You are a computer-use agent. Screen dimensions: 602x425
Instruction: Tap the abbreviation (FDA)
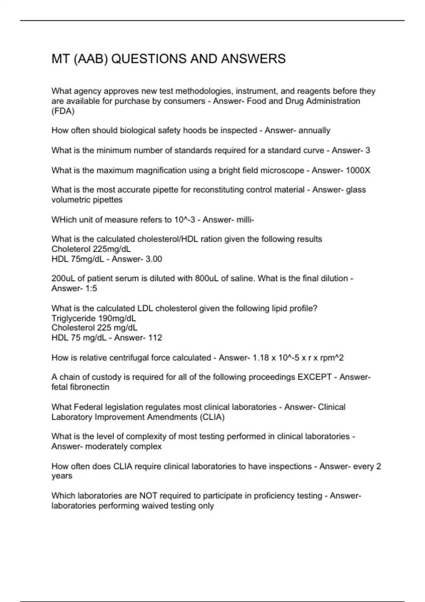coord(63,111)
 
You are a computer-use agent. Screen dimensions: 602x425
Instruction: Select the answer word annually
coord(314,131)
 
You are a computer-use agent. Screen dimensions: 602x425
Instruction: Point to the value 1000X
coord(358,170)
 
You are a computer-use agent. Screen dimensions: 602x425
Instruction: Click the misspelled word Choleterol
coord(71,249)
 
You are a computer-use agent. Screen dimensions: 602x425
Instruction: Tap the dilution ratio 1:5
coord(91,288)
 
